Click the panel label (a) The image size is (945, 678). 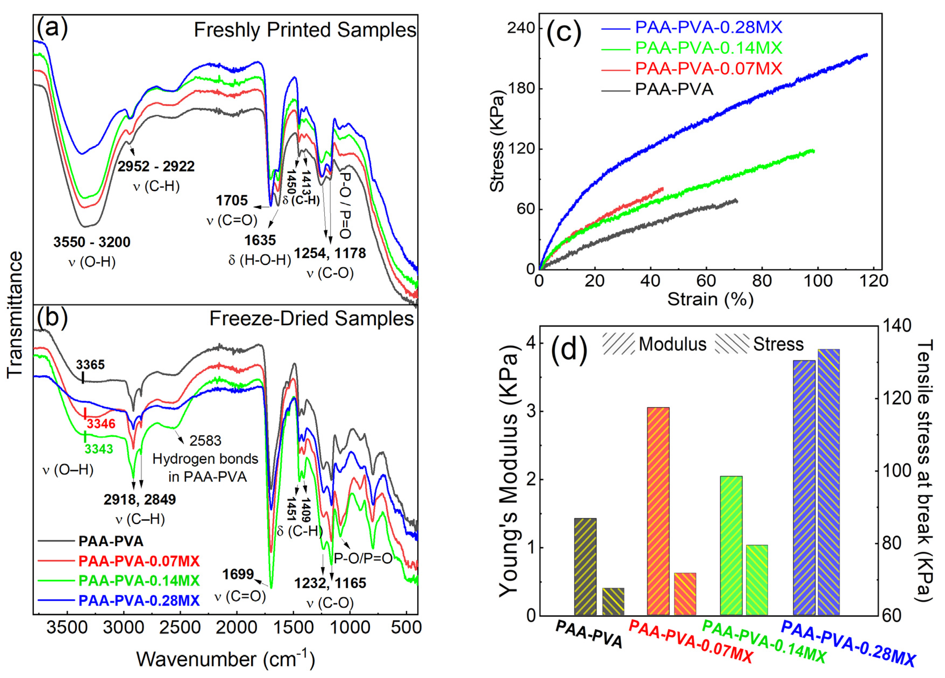(x=52, y=28)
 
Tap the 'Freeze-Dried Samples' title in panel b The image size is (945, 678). (x=311, y=319)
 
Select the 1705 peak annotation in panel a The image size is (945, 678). (x=232, y=200)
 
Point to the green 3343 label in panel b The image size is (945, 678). (x=99, y=449)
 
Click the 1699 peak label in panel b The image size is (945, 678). (x=238, y=574)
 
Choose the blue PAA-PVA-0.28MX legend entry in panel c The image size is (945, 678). (x=708, y=27)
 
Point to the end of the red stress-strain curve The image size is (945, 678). (x=662, y=189)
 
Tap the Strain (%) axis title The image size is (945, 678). (x=710, y=299)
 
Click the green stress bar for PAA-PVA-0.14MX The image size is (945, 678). (x=757, y=580)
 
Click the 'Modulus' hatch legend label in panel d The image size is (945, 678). (x=673, y=344)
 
